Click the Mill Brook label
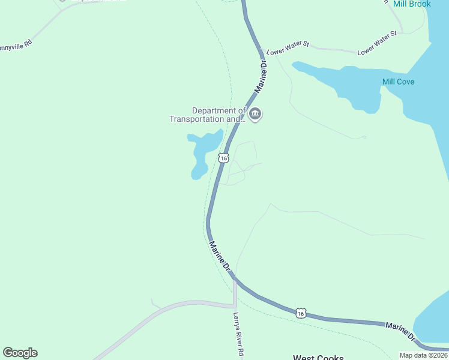(x=412, y=4)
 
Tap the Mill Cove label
(x=398, y=82)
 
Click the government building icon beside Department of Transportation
(x=255, y=114)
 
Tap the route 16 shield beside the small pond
(x=223, y=158)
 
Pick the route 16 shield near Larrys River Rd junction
(x=301, y=313)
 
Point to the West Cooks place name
(x=318, y=358)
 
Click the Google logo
(x=20, y=353)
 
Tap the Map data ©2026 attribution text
(x=424, y=355)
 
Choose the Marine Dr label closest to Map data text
(x=400, y=331)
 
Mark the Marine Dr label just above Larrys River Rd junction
(x=220, y=257)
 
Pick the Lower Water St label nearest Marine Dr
(x=288, y=44)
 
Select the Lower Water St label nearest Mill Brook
(x=378, y=43)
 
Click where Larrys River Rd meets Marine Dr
(x=235, y=280)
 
